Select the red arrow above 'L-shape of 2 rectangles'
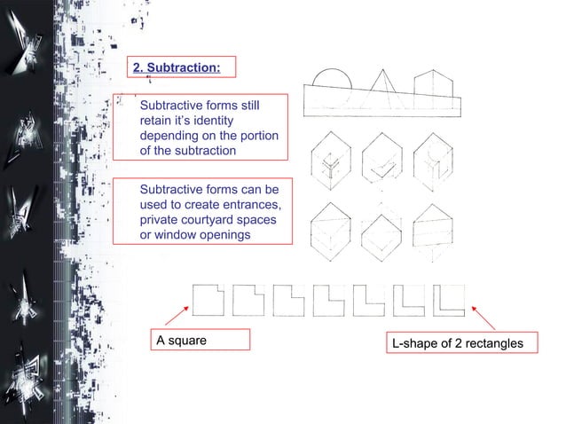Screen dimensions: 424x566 [x=483, y=318]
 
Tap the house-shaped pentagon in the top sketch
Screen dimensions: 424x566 [x=433, y=85]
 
